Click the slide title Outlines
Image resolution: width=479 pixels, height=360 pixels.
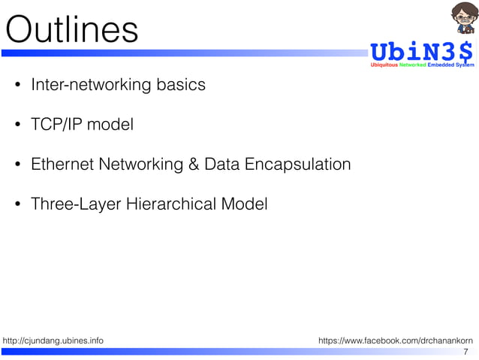point(72,29)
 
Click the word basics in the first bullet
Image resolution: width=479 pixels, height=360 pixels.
point(181,85)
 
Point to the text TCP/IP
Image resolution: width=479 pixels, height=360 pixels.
point(57,125)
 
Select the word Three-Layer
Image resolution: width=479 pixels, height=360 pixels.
point(73,204)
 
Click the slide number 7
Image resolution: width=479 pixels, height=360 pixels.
point(465,352)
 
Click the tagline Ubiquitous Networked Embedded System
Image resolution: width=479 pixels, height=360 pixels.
point(423,65)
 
